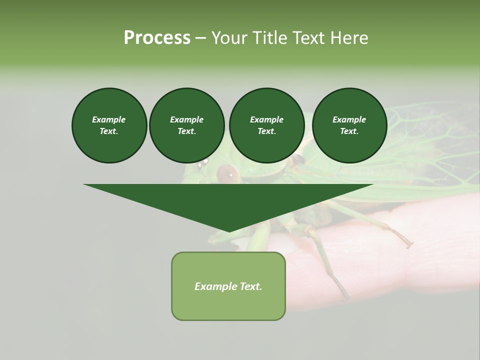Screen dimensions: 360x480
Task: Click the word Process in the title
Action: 157,38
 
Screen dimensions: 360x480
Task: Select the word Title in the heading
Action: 270,38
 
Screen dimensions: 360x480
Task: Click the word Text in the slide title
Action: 309,38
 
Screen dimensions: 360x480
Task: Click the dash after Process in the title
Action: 200,38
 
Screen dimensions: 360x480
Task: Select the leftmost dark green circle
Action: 109,125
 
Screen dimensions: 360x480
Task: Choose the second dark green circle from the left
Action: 186,125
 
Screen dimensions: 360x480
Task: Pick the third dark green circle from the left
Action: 266,125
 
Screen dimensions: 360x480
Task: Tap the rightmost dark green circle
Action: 349,125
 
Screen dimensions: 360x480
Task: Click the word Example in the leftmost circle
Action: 109,119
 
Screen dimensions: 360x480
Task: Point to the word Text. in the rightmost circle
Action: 349,131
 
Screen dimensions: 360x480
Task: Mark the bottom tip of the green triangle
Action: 229,230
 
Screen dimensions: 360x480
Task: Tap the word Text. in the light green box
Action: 251,286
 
